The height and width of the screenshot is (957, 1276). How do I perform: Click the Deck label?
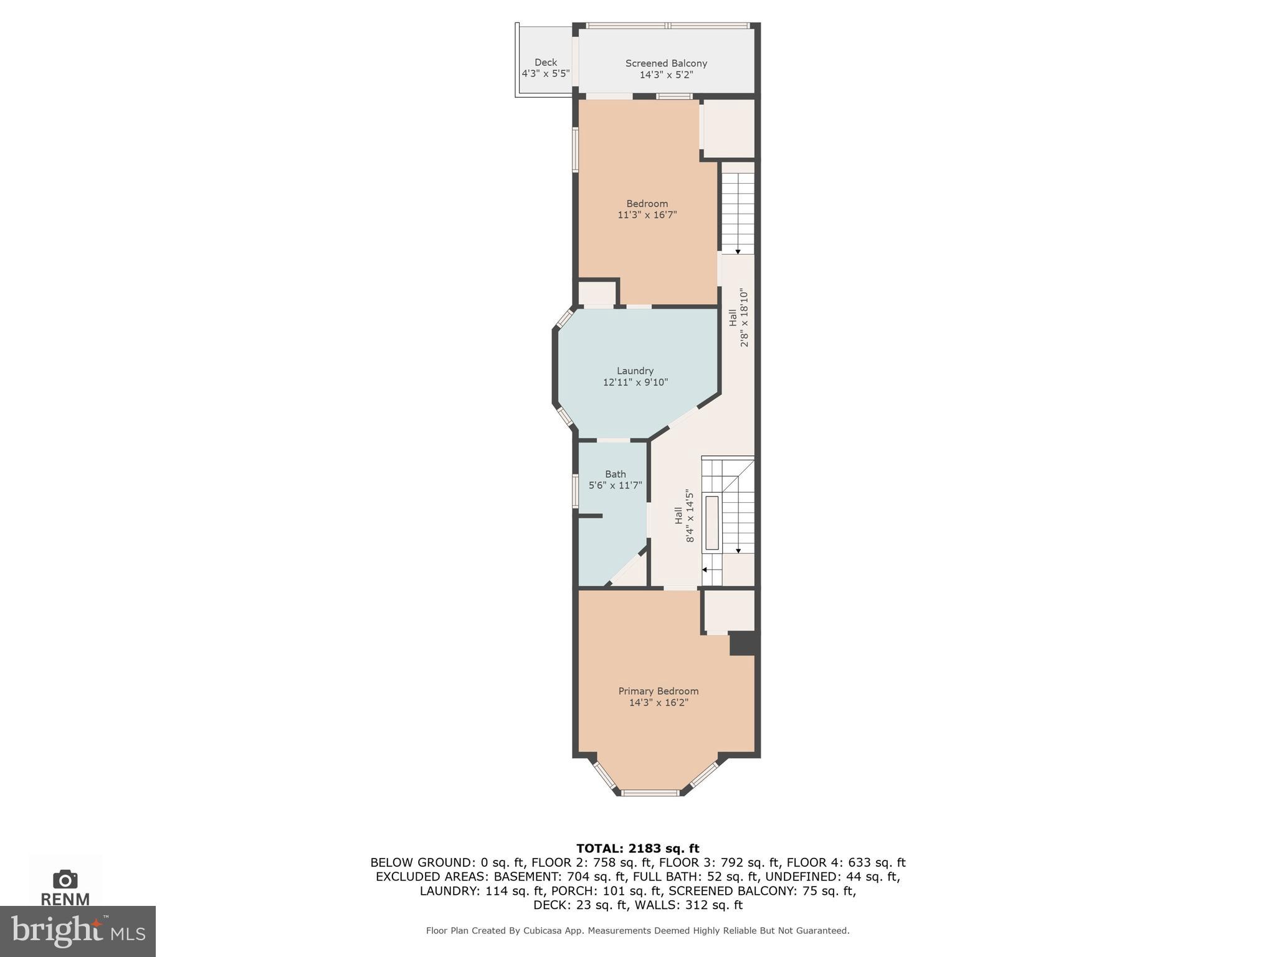coord(546,62)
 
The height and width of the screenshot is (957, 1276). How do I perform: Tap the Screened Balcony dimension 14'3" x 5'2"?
coord(666,75)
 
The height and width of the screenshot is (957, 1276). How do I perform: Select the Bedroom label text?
coord(647,204)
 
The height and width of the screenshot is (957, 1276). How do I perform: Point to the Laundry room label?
coord(635,371)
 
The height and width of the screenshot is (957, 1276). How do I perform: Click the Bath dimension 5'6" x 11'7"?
coord(615,485)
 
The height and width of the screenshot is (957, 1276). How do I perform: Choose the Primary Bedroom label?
coord(658,691)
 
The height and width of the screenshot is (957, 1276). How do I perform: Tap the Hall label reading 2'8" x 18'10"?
coord(739,317)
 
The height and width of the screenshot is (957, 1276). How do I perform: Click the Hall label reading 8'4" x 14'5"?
coord(684,515)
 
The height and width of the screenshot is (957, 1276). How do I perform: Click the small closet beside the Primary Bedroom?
coord(728,611)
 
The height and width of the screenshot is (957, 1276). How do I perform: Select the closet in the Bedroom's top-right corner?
coord(728,129)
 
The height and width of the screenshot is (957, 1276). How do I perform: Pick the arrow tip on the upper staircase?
coord(738,252)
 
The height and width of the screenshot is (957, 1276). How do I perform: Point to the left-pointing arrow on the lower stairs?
coord(705,569)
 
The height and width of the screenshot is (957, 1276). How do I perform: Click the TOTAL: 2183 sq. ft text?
coord(637,849)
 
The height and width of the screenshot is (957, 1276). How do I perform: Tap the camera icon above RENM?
coord(65,879)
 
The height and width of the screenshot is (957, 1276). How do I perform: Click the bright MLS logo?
coord(77,931)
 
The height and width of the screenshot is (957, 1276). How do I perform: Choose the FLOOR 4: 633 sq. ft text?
coord(845,863)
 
